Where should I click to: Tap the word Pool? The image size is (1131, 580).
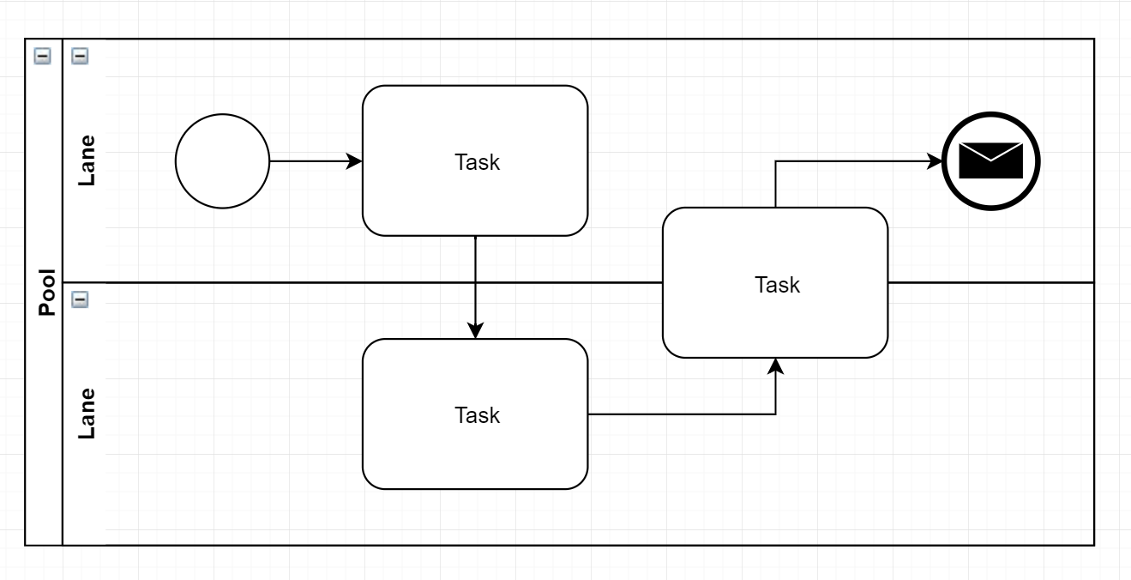(x=47, y=293)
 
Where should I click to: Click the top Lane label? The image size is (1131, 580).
(x=87, y=160)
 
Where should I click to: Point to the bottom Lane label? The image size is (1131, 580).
(x=87, y=414)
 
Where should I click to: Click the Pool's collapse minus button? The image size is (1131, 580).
(x=42, y=56)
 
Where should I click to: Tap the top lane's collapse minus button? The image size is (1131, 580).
(x=80, y=56)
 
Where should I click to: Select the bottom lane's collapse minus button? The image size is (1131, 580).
(x=80, y=299)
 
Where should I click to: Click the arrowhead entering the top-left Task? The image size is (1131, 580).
(x=354, y=161)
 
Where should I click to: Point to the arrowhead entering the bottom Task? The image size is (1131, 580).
(x=475, y=330)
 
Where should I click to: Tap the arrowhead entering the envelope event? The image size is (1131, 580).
(x=934, y=161)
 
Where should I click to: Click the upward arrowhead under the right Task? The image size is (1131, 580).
(x=775, y=366)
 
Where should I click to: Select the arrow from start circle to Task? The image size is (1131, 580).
(x=316, y=161)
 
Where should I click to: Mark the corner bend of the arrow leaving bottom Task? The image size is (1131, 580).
(x=775, y=414)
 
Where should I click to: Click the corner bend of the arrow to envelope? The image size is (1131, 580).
(x=775, y=161)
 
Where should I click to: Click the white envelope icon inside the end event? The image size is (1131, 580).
(x=990, y=160)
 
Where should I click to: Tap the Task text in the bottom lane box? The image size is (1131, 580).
(x=477, y=415)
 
